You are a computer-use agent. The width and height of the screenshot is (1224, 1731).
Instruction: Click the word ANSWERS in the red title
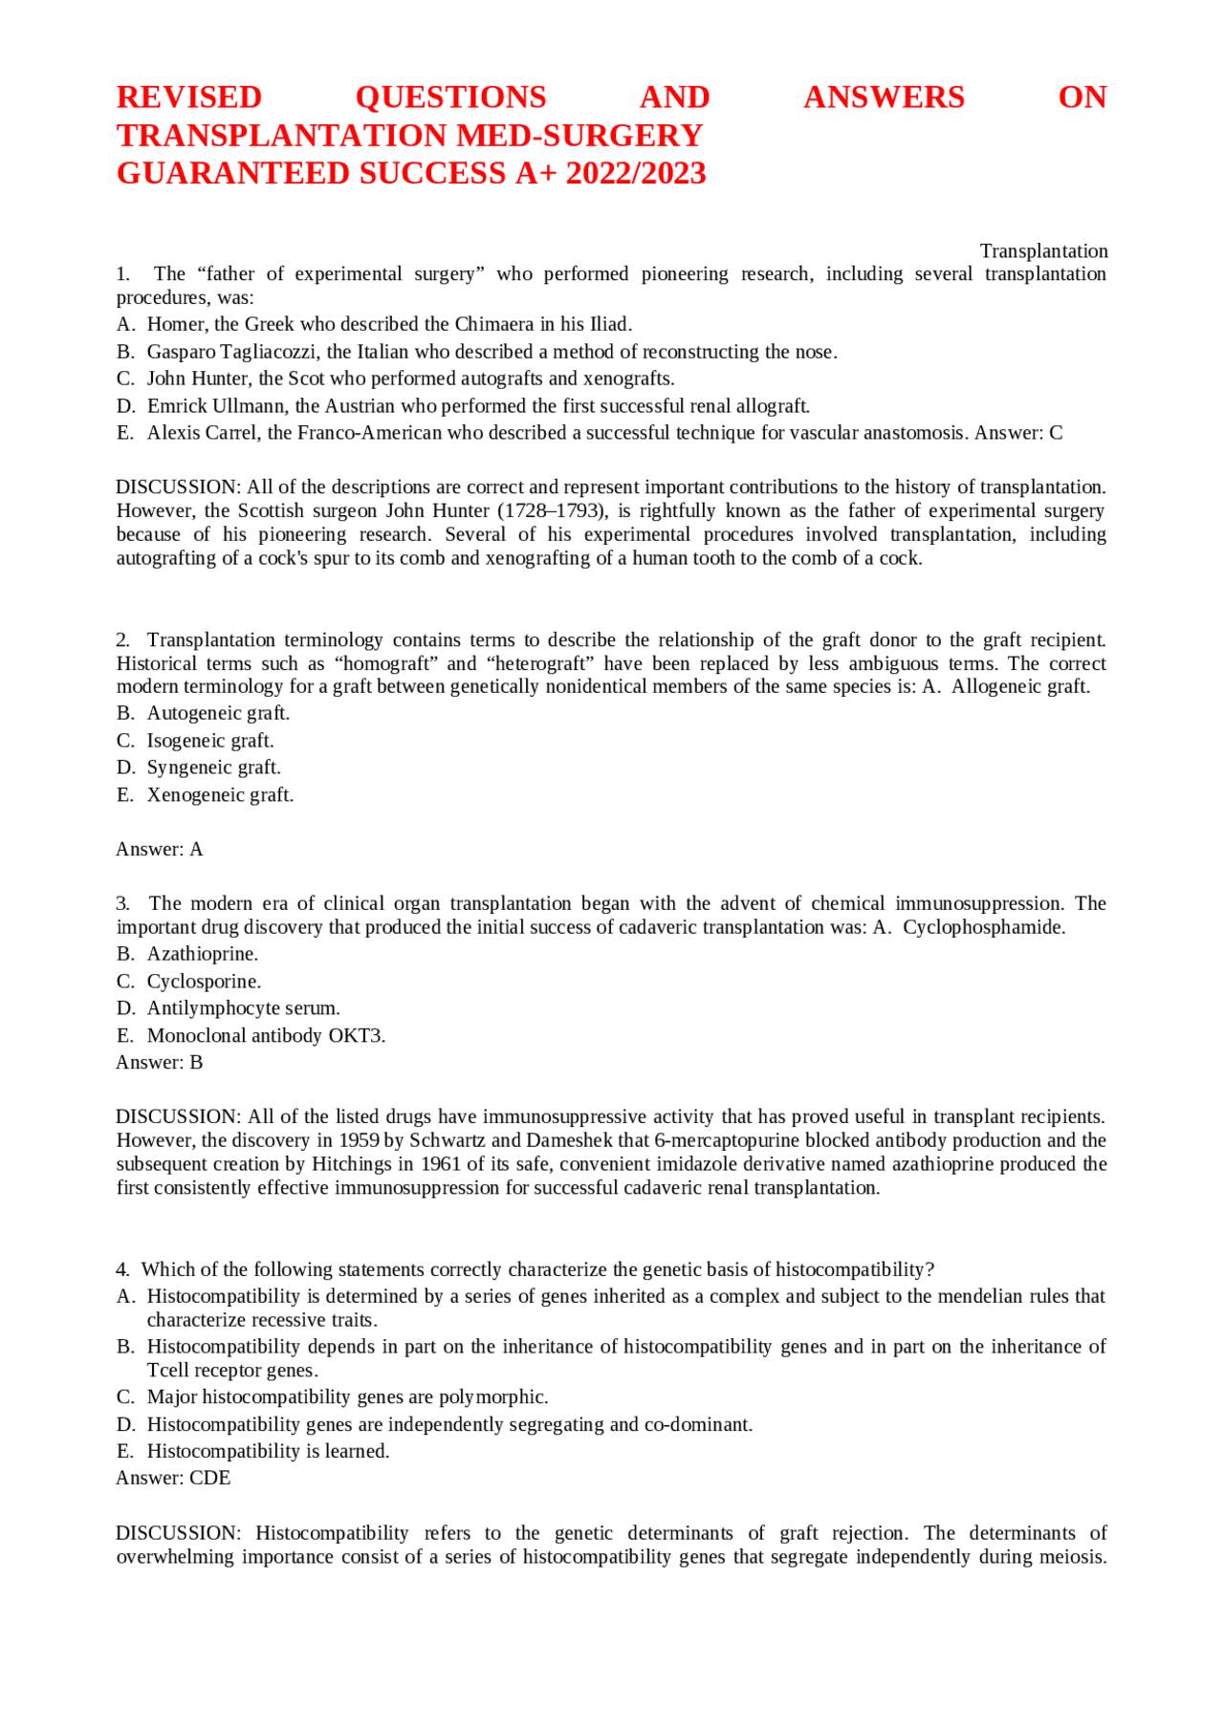click(884, 97)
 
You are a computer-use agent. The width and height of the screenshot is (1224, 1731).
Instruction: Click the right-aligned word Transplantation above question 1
click(1043, 251)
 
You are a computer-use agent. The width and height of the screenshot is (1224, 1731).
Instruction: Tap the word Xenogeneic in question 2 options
click(189, 795)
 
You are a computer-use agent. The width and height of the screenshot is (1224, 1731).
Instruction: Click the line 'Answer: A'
click(159, 850)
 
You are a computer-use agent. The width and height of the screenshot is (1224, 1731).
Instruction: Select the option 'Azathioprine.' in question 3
click(202, 954)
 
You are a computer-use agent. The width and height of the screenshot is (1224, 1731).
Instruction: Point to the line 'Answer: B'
click(159, 1063)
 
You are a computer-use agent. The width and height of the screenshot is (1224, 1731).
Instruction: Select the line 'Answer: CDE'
click(173, 1479)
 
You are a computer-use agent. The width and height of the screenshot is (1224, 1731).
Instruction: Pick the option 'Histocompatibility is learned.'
click(268, 1452)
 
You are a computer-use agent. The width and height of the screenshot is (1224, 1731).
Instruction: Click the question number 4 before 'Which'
click(122, 1270)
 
